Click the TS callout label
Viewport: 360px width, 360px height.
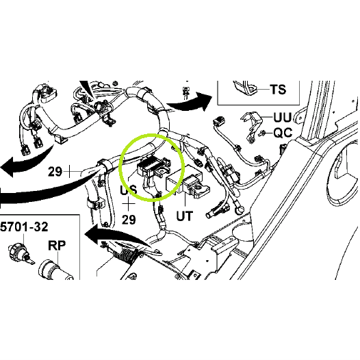pos(278,89)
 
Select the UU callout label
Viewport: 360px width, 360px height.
pos(283,117)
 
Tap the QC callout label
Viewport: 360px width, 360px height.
pos(283,133)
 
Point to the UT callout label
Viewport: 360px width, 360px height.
pos(185,216)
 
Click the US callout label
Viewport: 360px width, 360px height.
pos(129,190)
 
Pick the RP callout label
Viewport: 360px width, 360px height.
pos(57,246)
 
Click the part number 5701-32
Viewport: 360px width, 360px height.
pos(24,227)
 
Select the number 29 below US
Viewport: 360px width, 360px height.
pos(129,220)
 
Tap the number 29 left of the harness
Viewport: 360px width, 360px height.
pos(55,172)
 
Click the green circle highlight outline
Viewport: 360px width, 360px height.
pos(119,168)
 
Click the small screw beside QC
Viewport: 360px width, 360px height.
pos(262,133)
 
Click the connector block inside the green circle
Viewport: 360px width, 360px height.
pos(153,166)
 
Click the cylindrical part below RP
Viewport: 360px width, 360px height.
pos(55,270)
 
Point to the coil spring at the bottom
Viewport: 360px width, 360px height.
pos(126,255)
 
